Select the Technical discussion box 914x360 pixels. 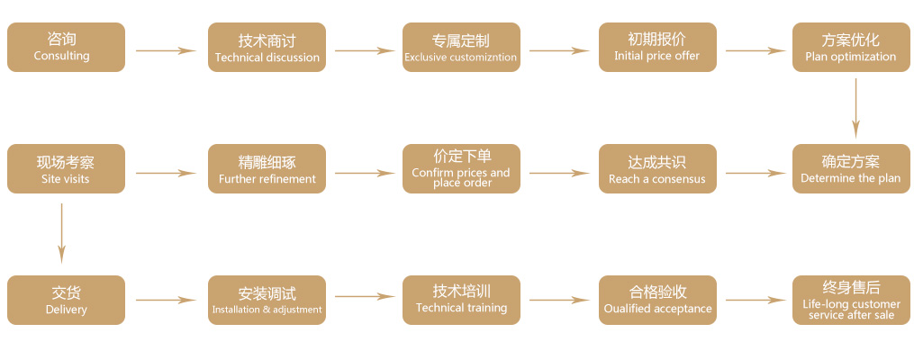267,48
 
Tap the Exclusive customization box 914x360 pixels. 461,48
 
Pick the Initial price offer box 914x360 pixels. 657,48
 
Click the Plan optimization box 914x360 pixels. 851,48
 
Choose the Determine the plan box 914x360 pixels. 851,169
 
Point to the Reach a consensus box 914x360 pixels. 657,169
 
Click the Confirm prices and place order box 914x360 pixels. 461,169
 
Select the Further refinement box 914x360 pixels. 267,169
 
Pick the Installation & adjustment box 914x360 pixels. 267,300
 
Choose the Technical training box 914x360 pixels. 461,300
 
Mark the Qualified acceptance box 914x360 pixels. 657,300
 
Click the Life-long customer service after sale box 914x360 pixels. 851,300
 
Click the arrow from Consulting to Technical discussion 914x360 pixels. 166,50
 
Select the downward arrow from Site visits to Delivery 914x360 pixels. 61,233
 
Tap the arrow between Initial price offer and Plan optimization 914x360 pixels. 756,50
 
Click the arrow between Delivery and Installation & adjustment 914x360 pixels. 166,300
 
